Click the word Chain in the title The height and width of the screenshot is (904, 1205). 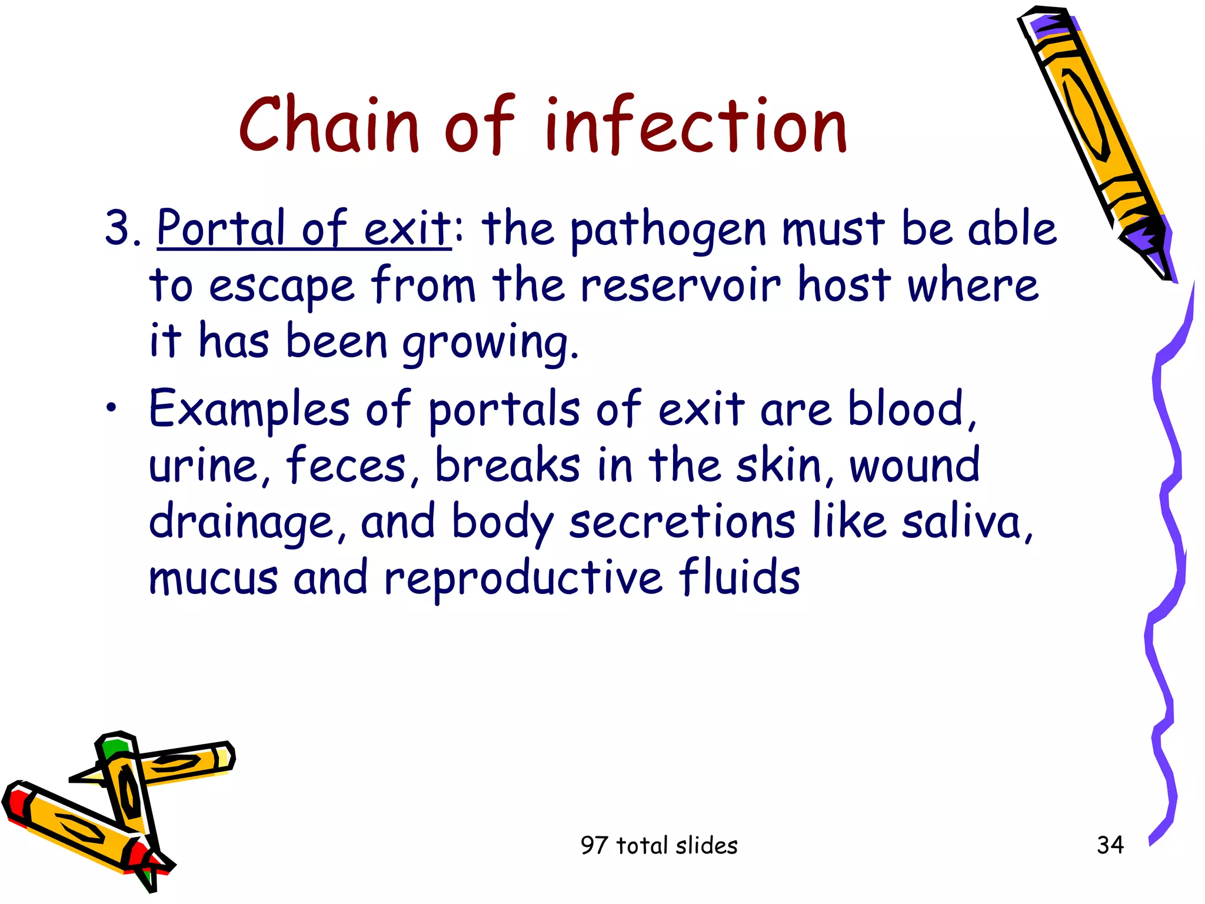tap(328, 125)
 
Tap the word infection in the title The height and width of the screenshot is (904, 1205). tap(695, 125)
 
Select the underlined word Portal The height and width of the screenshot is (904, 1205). tap(221, 228)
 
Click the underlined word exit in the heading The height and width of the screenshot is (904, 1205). tap(407, 228)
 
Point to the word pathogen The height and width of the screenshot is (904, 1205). tap(668, 231)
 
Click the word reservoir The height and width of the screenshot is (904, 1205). tap(680, 286)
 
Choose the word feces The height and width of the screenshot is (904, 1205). tap(345, 465)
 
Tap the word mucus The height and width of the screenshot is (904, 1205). tap(213, 579)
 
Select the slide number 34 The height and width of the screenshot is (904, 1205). tap(1110, 845)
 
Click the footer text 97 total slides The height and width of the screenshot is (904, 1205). tap(658, 845)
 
